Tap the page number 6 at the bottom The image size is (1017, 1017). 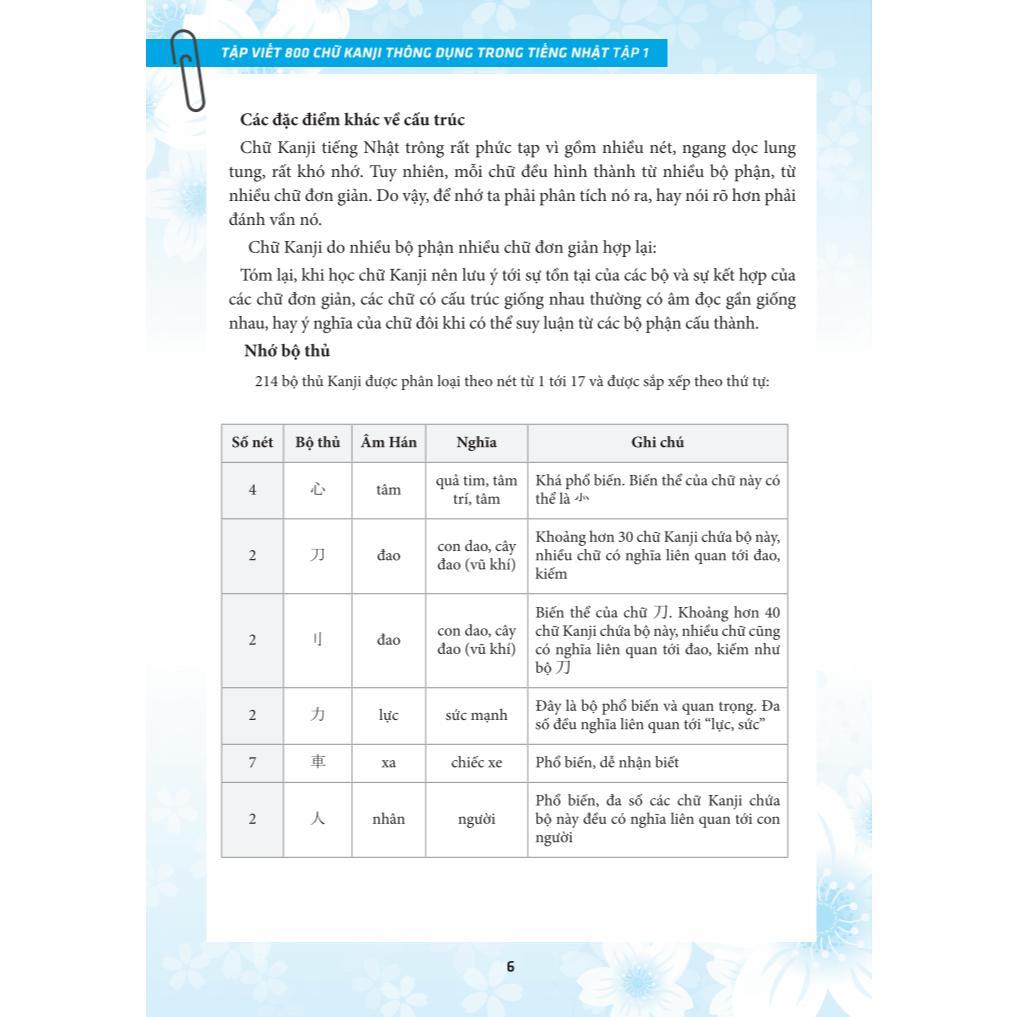(x=510, y=966)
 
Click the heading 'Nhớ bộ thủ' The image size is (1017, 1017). (x=287, y=351)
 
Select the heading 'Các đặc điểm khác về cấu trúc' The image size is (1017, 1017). (x=352, y=120)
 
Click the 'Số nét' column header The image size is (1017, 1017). (x=252, y=442)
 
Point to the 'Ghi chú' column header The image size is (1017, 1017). (x=657, y=442)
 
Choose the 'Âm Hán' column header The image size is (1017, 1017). (x=389, y=442)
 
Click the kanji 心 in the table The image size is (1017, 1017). (x=318, y=490)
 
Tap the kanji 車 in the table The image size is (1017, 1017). (x=318, y=763)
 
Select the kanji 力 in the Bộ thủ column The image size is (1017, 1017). (x=318, y=716)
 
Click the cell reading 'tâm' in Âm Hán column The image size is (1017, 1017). (x=389, y=490)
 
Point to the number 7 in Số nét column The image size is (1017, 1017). (x=252, y=763)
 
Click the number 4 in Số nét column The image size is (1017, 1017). (x=252, y=490)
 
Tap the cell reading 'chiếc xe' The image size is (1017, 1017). (x=476, y=763)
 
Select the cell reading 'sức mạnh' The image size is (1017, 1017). (x=476, y=716)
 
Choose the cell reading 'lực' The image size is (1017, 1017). (x=389, y=716)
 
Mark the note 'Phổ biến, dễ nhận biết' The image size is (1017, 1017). (x=607, y=763)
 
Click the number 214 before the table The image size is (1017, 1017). (x=266, y=381)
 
